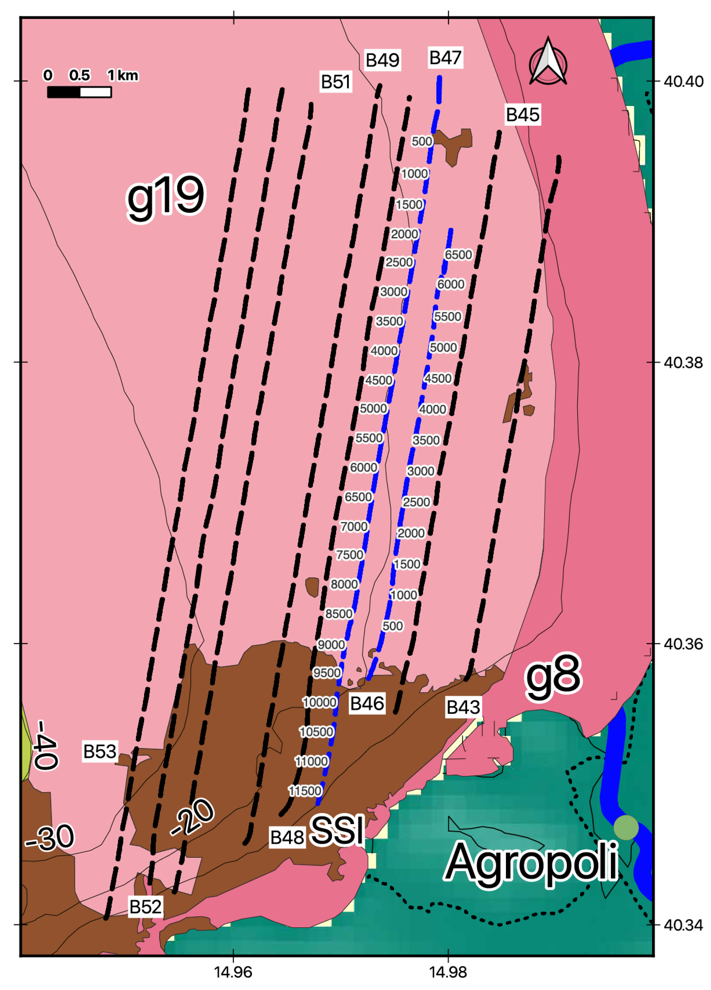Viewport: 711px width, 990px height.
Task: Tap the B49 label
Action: [x=382, y=60]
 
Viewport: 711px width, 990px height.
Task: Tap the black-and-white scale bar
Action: [x=79, y=92]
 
